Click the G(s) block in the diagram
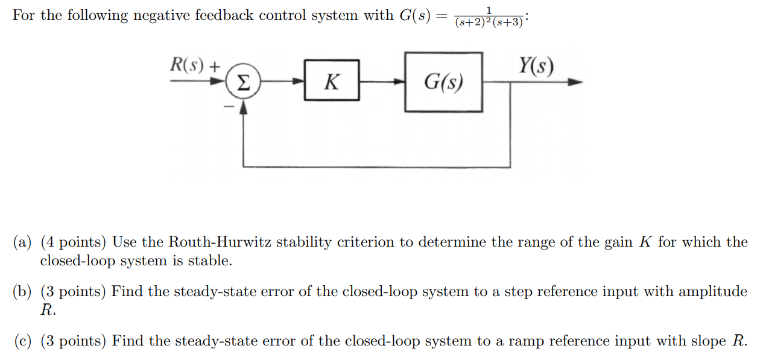tap(443, 82)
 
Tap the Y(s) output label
tap(536, 66)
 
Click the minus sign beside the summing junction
tap(229, 107)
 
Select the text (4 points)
tap(74, 242)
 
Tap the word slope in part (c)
tap(709, 342)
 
